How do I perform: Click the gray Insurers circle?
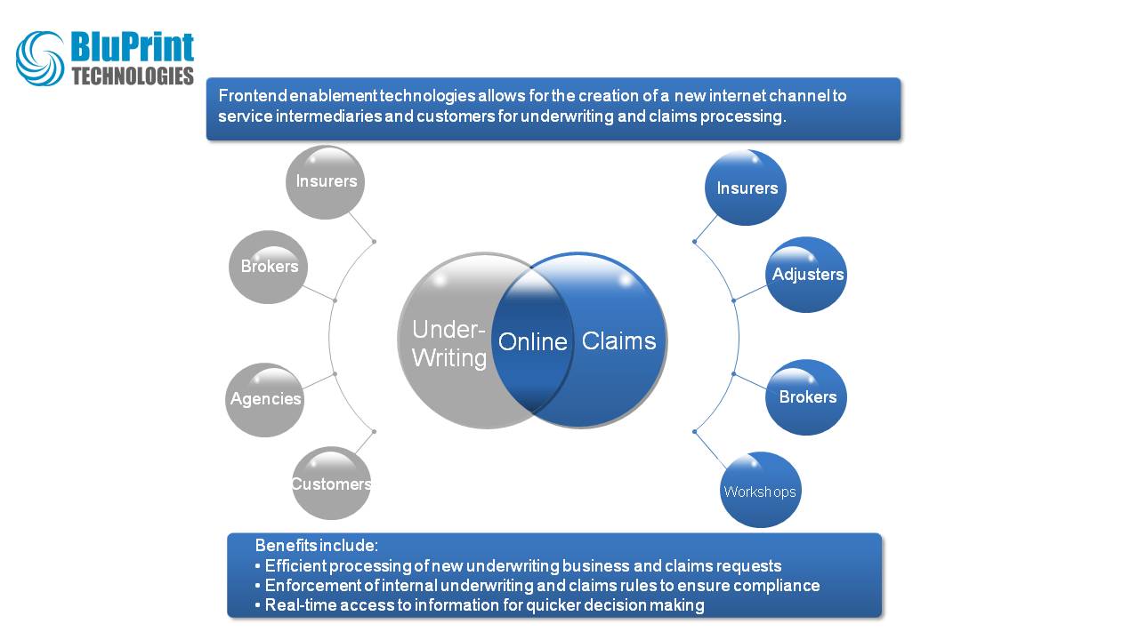(326, 182)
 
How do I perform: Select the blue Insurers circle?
(746, 188)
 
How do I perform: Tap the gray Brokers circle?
(269, 267)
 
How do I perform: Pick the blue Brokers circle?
(806, 397)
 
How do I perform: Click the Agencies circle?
(265, 399)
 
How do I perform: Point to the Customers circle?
(331, 484)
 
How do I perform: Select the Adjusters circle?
(806, 275)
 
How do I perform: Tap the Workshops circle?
(760, 491)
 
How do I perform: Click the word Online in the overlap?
(532, 342)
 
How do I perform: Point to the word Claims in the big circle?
(618, 341)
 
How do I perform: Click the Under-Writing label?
(448, 344)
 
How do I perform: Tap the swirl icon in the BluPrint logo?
(40, 59)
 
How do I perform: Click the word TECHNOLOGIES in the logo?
(133, 76)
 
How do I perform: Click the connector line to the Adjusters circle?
(750, 292)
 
